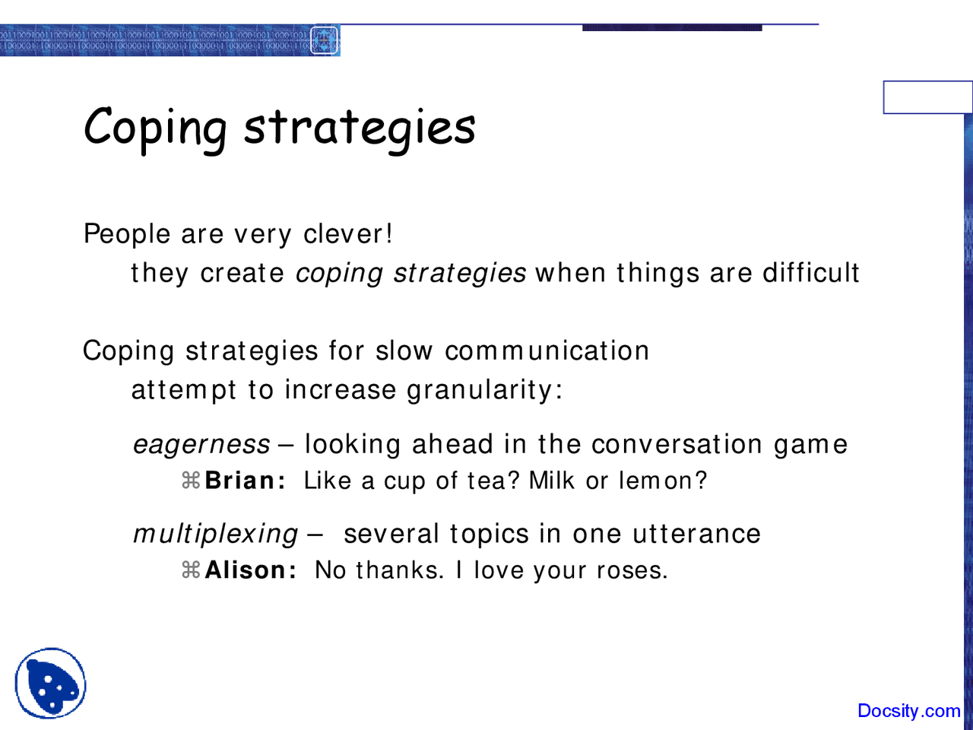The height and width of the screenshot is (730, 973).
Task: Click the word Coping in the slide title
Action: pos(155,126)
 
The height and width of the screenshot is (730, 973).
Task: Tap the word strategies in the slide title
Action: pos(360,126)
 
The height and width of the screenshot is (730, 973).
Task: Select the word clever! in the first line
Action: pos(347,234)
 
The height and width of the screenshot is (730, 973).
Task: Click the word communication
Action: pos(547,351)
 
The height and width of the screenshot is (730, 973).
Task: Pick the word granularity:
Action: pos(484,391)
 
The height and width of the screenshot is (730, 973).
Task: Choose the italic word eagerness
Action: pos(201,445)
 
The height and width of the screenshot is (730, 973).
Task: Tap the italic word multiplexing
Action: pos(215,535)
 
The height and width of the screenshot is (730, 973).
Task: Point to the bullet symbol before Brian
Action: pos(190,481)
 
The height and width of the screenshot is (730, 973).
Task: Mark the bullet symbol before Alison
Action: pos(190,570)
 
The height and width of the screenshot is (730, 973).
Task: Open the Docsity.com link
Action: pos(908,711)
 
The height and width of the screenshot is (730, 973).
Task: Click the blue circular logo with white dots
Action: pos(50,683)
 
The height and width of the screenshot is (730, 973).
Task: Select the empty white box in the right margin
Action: pos(927,97)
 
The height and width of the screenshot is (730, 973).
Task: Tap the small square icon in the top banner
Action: pos(325,40)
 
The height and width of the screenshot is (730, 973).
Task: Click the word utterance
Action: pos(696,535)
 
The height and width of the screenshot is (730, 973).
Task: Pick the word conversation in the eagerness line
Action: pos(677,445)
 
